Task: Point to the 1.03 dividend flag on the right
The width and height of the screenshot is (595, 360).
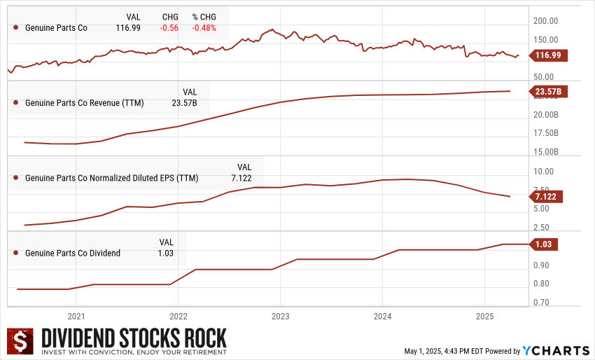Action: [543, 244]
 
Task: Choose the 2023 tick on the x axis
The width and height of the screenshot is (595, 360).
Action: [280, 316]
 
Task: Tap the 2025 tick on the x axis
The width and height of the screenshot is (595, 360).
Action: [484, 316]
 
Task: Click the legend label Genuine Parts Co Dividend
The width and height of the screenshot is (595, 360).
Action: [73, 253]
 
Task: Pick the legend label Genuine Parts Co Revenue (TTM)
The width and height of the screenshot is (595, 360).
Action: [84, 103]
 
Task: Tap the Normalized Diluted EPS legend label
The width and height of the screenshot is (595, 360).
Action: [111, 178]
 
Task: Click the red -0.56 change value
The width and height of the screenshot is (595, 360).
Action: [170, 28]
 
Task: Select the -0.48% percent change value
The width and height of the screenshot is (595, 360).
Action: [204, 28]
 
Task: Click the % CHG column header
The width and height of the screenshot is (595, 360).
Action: [204, 17]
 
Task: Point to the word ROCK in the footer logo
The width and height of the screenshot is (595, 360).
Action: [204, 338]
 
